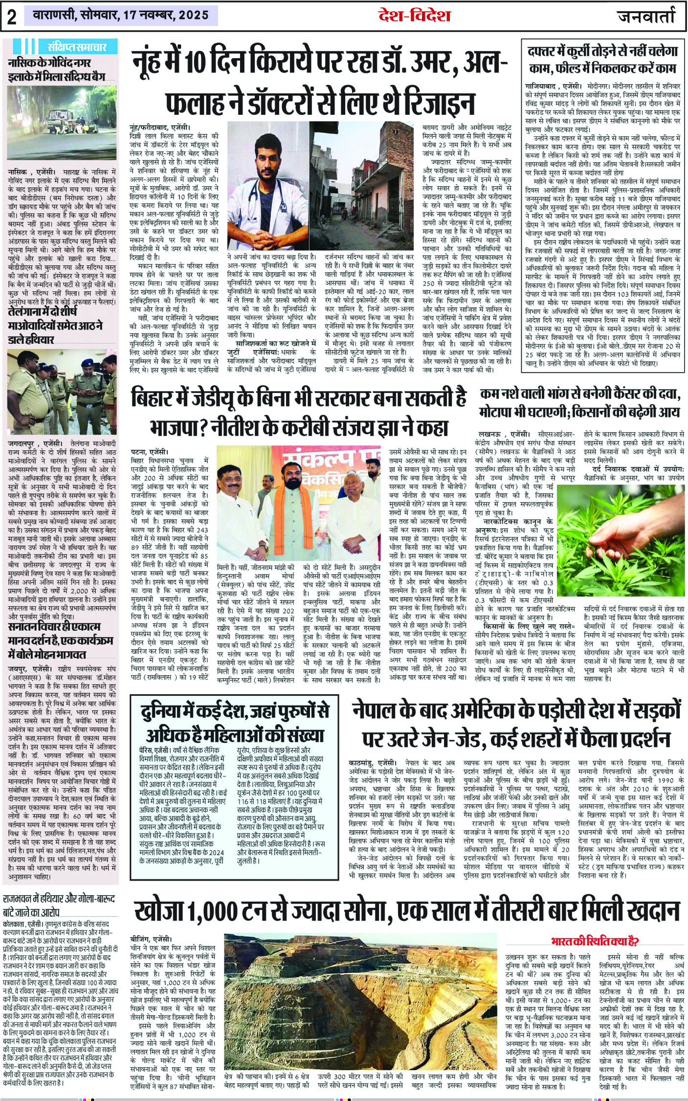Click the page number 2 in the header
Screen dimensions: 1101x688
(11, 16)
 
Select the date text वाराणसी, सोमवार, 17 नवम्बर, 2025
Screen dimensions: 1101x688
(120, 16)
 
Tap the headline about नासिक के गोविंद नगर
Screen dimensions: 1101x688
(57, 69)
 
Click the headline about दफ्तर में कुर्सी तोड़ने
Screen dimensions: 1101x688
(603, 59)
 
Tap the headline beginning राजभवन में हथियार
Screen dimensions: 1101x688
(59, 905)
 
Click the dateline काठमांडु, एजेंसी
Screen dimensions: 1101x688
(372, 762)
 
